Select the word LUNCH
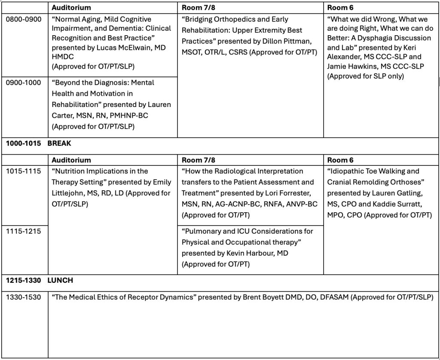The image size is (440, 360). tap(60, 280)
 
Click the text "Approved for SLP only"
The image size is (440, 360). tap(365, 76)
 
